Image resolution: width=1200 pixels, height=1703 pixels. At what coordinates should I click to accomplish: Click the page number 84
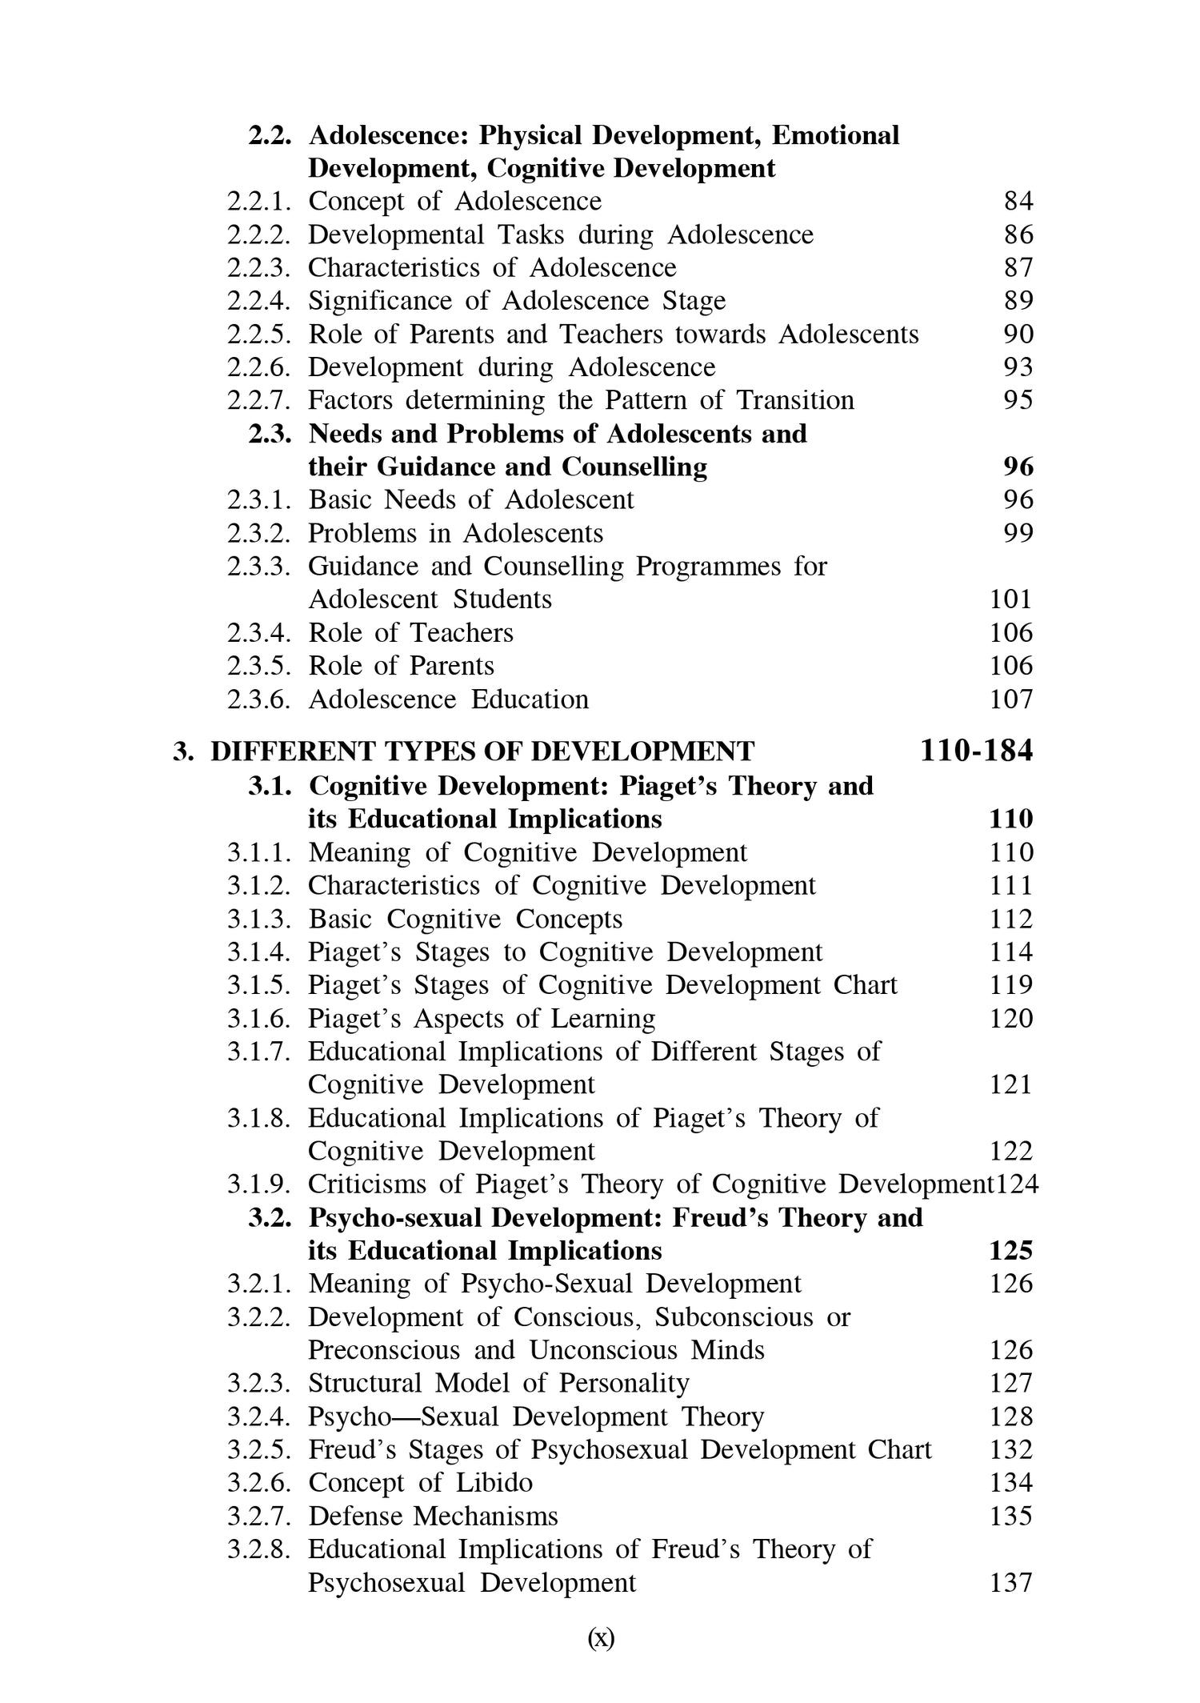click(1018, 201)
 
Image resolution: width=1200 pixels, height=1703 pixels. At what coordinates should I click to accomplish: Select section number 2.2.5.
click(259, 334)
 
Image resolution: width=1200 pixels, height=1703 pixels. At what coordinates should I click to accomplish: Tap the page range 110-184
click(976, 751)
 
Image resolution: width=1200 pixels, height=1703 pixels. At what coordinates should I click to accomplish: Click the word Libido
click(494, 1482)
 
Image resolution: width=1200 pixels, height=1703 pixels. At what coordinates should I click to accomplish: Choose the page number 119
click(1011, 984)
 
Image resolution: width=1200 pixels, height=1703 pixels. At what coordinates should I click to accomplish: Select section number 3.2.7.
click(259, 1516)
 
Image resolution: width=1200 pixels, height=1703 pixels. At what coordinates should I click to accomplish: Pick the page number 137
click(1011, 1582)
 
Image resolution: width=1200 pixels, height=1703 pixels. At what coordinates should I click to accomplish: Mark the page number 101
click(1011, 599)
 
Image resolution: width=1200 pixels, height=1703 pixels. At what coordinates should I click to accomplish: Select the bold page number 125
click(1011, 1250)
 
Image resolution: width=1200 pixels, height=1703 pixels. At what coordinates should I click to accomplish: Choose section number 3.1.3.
click(259, 919)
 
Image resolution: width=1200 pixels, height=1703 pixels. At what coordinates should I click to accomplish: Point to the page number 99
click(1018, 533)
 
